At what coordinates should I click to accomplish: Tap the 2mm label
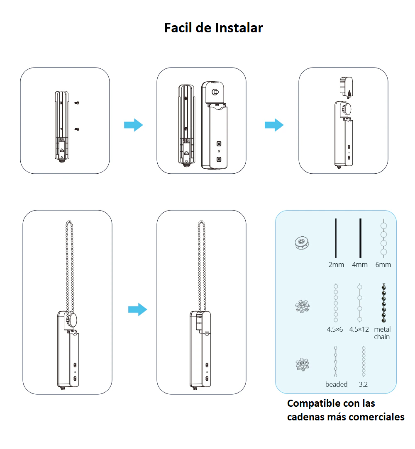(336, 265)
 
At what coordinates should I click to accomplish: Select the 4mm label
(360, 265)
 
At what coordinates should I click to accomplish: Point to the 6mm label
(383, 265)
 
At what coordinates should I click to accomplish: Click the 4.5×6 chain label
(335, 329)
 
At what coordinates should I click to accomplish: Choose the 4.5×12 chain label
(359, 329)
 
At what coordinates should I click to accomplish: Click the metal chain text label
(382, 333)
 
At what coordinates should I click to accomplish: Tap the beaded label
(336, 384)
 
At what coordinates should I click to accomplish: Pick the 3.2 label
(363, 384)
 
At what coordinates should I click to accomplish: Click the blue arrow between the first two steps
(133, 125)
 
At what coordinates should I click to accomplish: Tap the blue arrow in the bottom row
(137, 309)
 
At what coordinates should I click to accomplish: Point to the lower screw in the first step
(77, 129)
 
